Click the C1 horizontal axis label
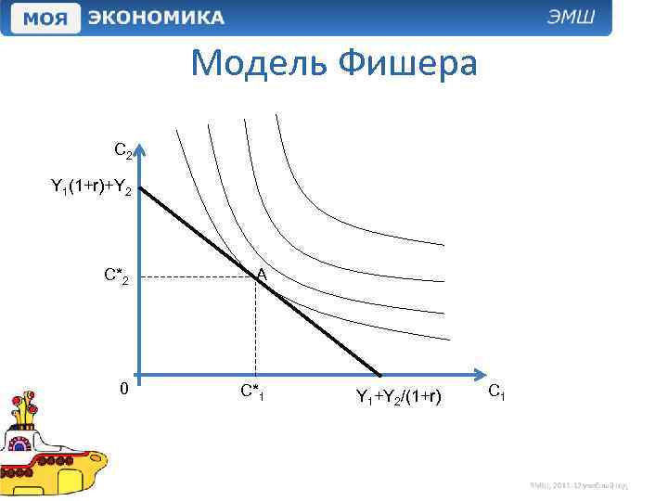pos(496,393)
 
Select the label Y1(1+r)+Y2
pos(92,188)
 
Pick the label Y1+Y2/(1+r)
pos(399,397)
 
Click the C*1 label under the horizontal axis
pos(252,392)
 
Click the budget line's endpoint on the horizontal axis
pos(381,375)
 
